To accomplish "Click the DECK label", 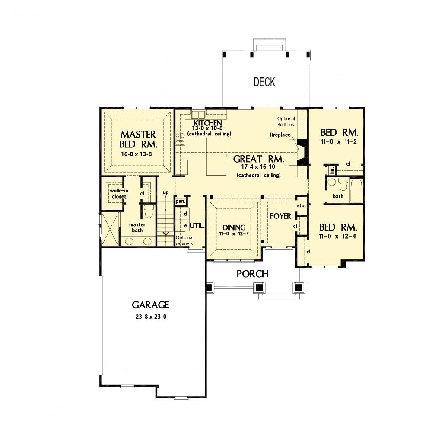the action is pos(264,82).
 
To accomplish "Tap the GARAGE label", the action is pos(150,305).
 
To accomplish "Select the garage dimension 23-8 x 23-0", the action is pos(151,317).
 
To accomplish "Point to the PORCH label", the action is pos(253,274).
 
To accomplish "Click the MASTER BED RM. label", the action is pos(138,139).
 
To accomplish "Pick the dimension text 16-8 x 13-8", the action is pos(137,154).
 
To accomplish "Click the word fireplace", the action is pos(280,135).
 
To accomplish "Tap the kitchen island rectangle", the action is pos(216,157).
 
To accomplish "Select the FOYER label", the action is pos(280,216).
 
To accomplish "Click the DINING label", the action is pos(234,227).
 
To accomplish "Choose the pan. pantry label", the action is pos(181,201).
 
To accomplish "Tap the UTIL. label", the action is pos(197,225).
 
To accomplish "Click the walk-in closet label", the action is pos(119,194).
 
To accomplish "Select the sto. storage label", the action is pos(302,205).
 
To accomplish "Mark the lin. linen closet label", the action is pos(332,170).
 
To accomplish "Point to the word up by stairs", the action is pos(165,192).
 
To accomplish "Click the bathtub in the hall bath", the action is pos(356,191).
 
